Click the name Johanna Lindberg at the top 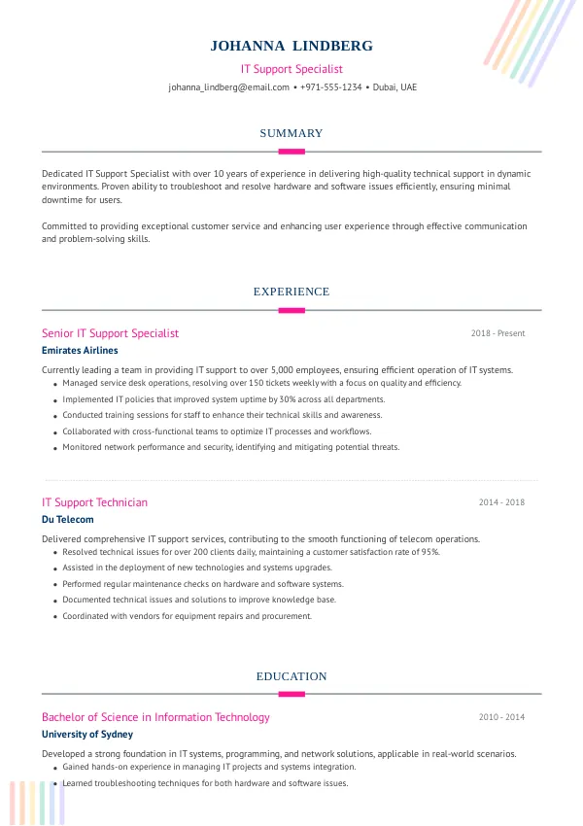[291, 46]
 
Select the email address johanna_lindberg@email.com [228, 86]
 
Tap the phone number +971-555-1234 [331, 86]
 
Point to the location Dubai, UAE [394, 86]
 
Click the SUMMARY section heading [291, 133]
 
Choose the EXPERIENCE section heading [291, 292]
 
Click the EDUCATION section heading [291, 676]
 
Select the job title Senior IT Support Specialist [110, 333]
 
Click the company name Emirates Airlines [80, 351]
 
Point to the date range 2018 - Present [497, 333]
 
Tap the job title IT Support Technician [94, 502]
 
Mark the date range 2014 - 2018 [501, 502]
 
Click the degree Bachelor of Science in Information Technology [155, 717]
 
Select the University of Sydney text [87, 735]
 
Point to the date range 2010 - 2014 [501, 717]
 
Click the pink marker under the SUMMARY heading [291, 152]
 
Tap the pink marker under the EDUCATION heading [291, 694]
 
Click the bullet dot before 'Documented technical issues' [54, 602]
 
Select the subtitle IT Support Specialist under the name [291, 69]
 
